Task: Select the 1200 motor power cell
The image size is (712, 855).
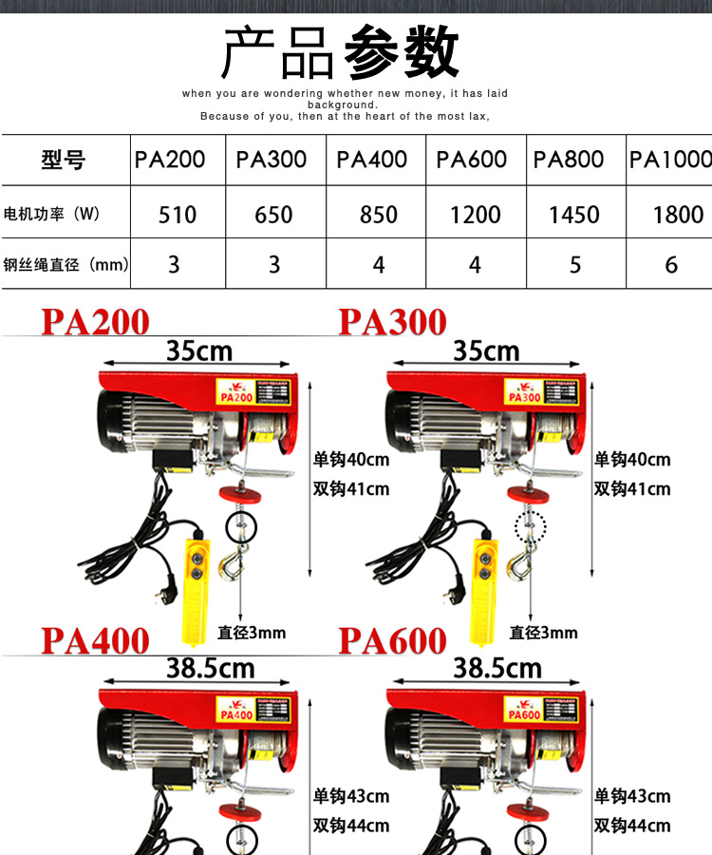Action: (x=476, y=215)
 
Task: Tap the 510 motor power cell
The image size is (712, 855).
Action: (x=178, y=215)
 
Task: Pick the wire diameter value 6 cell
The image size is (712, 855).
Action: (x=671, y=264)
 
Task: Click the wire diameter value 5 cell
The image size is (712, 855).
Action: (x=575, y=264)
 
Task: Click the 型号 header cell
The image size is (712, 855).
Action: (x=64, y=160)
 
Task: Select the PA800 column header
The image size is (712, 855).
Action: (x=569, y=160)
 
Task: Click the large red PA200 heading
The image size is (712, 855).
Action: (x=95, y=323)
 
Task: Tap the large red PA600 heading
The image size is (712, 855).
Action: (x=392, y=641)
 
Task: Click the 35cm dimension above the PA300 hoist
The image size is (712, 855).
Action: (x=486, y=351)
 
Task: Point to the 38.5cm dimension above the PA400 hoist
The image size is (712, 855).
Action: (x=211, y=669)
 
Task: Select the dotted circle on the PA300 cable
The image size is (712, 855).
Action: (x=532, y=523)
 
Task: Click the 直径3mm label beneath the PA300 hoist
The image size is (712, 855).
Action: (x=543, y=632)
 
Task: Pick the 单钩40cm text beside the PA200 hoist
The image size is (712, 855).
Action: (x=351, y=460)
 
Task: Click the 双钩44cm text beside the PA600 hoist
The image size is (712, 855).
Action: (x=632, y=826)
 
